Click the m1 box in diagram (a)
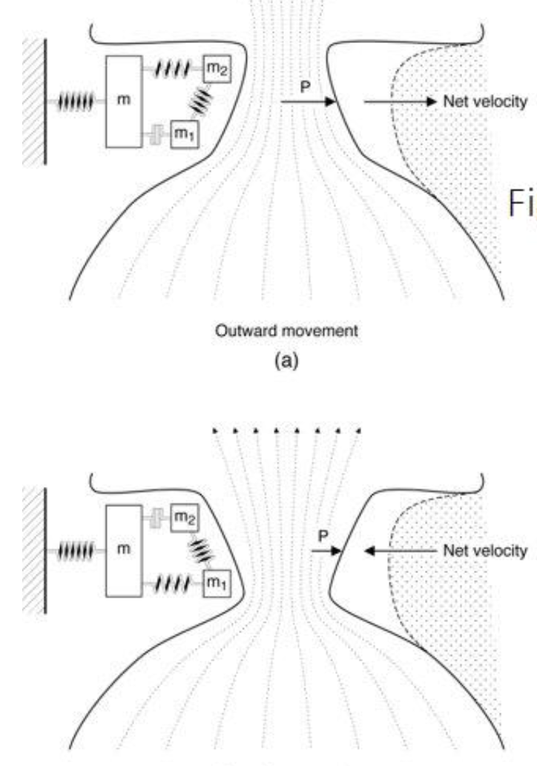pos(185,134)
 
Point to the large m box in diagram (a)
pos(128,101)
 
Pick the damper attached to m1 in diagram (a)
pos(157,134)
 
